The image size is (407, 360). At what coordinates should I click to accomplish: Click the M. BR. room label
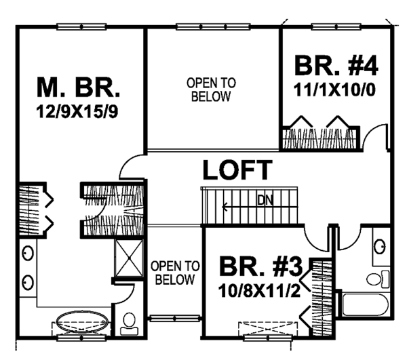(x=78, y=87)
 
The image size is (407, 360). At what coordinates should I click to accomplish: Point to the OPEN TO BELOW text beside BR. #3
(x=175, y=272)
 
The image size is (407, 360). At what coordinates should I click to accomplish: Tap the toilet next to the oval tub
(x=127, y=325)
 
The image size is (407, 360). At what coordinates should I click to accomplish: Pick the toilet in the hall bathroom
(x=375, y=277)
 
